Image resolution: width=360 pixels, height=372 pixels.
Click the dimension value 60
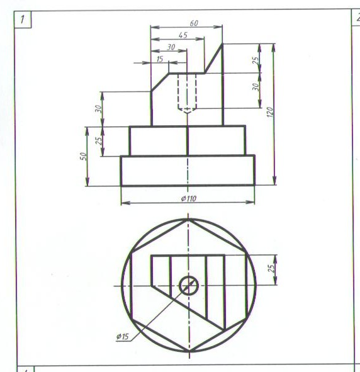click(x=194, y=23)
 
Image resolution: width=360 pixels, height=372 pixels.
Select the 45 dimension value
click(x=183, y=35)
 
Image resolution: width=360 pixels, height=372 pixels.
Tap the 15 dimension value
click(x=160, y=59)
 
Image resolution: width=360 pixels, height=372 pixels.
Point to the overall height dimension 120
click(x=270, y=112)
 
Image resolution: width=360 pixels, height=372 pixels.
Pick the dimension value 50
click(x=84, y=156)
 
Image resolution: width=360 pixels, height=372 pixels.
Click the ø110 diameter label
click(x=189, y=198)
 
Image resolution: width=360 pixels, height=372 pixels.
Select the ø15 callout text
click(x=123, y=336)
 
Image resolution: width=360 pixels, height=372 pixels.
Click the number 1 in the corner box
click(x=22, y=20)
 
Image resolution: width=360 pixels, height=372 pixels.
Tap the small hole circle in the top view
click(x=189, y=285)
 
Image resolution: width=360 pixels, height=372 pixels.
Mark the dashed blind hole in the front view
click(x=187, y=93)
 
